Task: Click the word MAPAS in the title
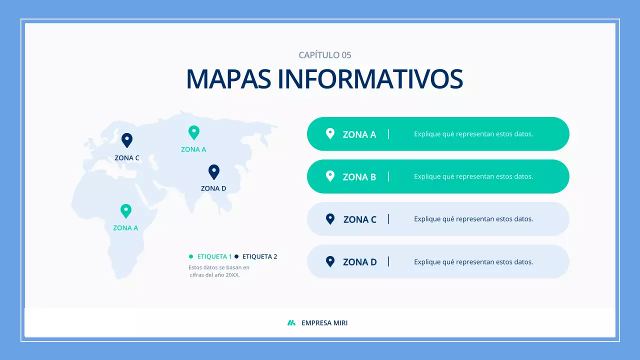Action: click(228, 79)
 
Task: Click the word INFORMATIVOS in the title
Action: click(370, 79)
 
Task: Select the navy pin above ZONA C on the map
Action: click(127, 139)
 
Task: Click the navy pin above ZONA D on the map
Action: click(214, 171)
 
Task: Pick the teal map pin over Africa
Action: click(126, 210)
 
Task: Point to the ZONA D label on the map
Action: click(213, 188)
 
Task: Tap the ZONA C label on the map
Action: click(127, 158)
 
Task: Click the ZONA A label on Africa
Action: click(125, 228)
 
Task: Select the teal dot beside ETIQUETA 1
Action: click(191, 256)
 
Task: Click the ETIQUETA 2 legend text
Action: click(259, 256)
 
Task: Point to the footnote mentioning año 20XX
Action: click(218, 271)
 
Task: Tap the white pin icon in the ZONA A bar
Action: click(330, 133)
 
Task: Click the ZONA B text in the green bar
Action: click(359, 177)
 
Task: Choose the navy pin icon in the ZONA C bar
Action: click(330, 218)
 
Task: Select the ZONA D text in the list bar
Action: click(359, 262)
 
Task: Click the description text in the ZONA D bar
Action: click(473, 262)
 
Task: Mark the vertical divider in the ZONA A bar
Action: click(388, 134)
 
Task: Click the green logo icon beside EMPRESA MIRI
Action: click(291, 323)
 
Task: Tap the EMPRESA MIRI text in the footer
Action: click(324, 323)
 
